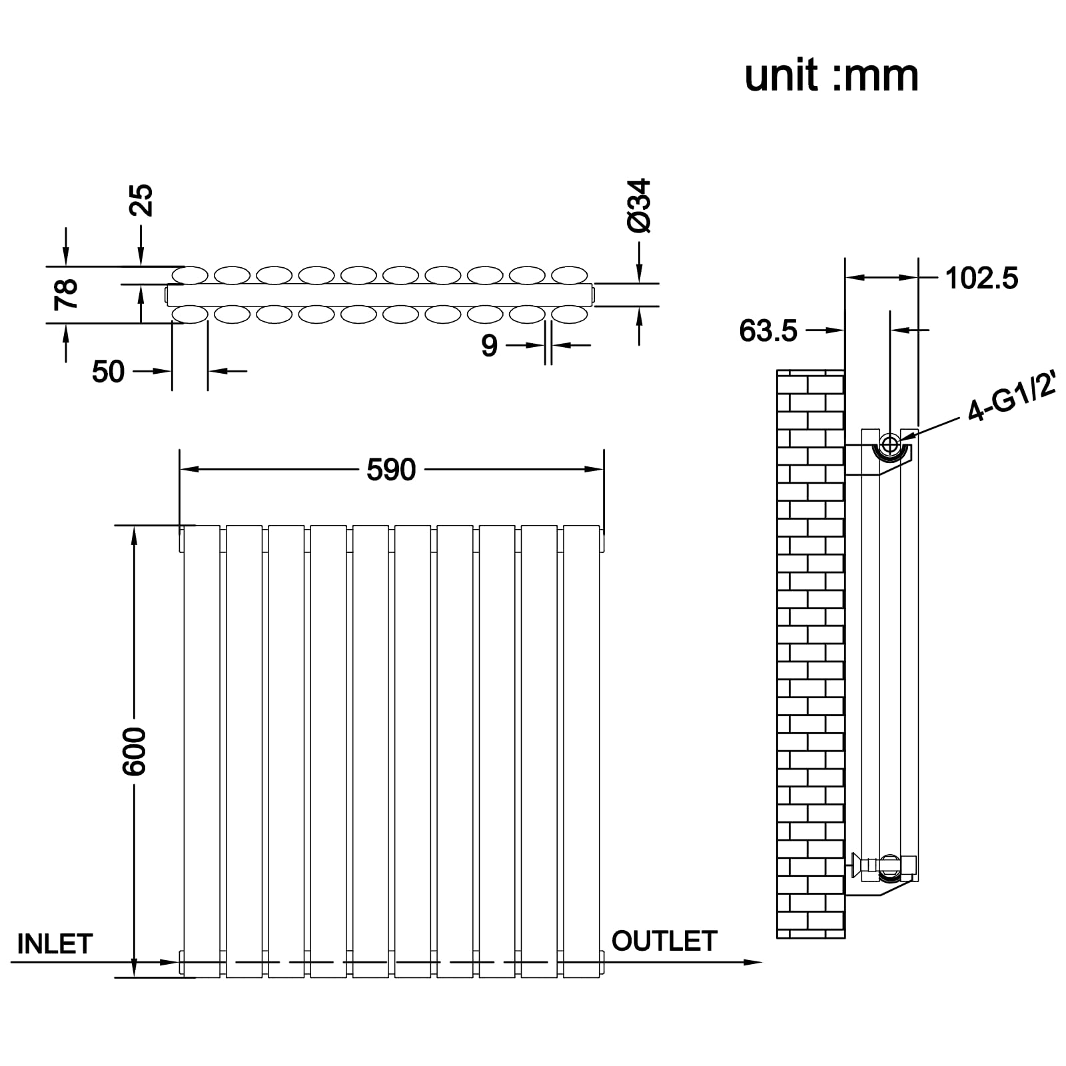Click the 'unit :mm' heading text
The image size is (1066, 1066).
tap(831, 76)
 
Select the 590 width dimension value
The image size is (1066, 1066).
tap(391, 470)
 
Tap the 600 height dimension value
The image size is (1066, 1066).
tap(135, 752)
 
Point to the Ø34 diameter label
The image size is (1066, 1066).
tap(639, 205)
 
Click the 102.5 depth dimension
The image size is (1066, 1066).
tap(981, 278)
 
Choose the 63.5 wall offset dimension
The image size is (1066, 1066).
tap(768, 331)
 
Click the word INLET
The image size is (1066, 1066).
tap(55, 944)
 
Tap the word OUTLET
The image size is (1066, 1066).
tap(664, 941)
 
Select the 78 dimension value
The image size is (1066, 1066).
tap(67, 294)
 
